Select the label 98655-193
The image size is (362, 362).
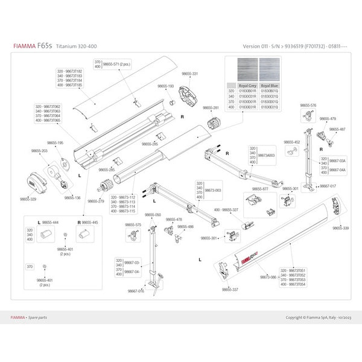coord(166,86)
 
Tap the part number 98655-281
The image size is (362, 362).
coord(211,107)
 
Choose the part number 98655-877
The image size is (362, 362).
coord(260,189)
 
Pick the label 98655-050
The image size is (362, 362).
coord(153,215)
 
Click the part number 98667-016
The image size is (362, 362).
coord(136,290)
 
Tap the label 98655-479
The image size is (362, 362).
coord(328,119)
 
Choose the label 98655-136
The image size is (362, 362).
coord(72,197)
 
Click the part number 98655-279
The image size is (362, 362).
coord(96,201)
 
